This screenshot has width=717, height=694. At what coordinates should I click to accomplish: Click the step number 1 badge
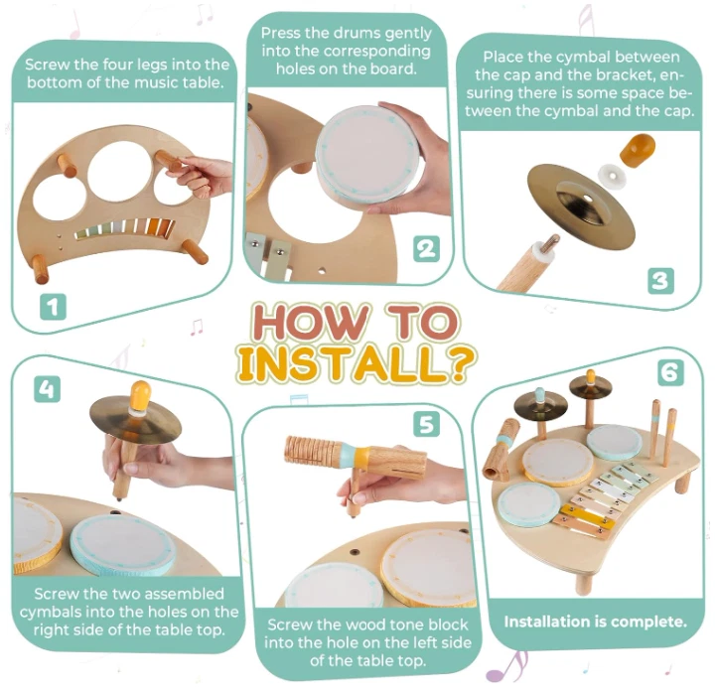tap(53, 307)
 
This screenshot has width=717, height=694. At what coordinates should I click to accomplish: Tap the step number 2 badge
tap(426, 249)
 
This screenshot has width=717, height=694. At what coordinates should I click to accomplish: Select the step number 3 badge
tap(660, 281)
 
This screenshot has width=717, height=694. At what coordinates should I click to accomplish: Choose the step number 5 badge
tap(426, 423)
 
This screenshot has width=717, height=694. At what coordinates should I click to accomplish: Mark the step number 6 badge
tap(670, 372)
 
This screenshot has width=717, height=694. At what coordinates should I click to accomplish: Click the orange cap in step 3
tap(637, 150)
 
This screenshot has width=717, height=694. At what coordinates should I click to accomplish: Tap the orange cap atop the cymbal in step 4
tap(140, 397)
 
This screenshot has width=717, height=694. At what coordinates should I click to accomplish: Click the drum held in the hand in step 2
tap(364, 156)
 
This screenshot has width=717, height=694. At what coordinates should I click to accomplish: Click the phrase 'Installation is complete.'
tap(596, 622)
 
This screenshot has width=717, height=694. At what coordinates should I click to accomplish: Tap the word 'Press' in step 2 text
tap(280, 34)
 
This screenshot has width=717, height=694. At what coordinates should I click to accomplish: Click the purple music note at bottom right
tap(507, 668)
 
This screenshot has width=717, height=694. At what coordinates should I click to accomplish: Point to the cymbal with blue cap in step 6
tap(540, 405)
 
